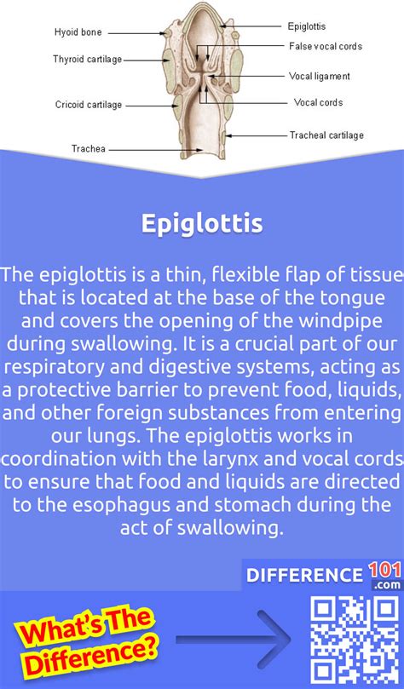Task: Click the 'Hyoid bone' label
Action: pyautogui.click(x=78, y=32)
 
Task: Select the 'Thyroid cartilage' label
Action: pyautogui.click(x=88, y=60)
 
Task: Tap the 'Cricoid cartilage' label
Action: pyautogui.click(x=89, y=105)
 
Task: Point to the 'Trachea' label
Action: pyautogui.click(x=89, y=149)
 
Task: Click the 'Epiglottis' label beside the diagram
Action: pyautogui.click(x=307, y=26)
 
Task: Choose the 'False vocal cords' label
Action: pyautogui.click(x=326, y=46)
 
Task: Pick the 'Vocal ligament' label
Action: pyautogui.click(x=319, y=76)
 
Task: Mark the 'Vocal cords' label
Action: pyautogui.click(x=318, y=102)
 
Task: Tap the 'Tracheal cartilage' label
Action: pyautogui.click(x=326, y=135)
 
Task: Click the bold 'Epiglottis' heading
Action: pyautogui.click(x=202, y=224)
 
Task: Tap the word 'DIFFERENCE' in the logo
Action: pyautogui.click(x=304, y=576)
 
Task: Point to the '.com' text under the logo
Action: pyautogui.click(x=387, y=585)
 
